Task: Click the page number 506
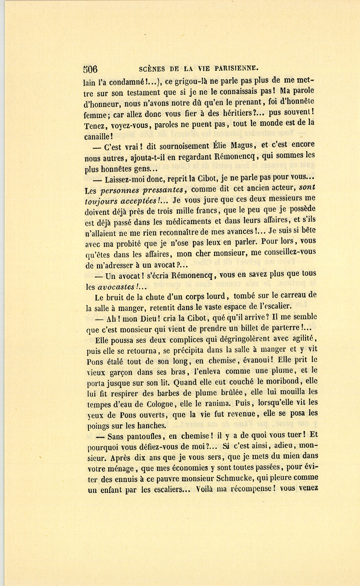click(91, 69)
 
